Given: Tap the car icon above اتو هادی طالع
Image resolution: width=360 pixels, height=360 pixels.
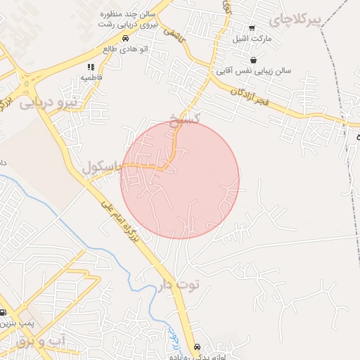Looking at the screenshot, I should (x=124, y=39).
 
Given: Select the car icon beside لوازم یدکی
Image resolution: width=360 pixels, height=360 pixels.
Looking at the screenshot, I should (x=196, y=347).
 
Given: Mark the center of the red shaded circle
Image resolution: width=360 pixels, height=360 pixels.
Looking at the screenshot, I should (x=180, y=179).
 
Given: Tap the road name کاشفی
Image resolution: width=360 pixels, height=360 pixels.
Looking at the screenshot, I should (x=174, y=32).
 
